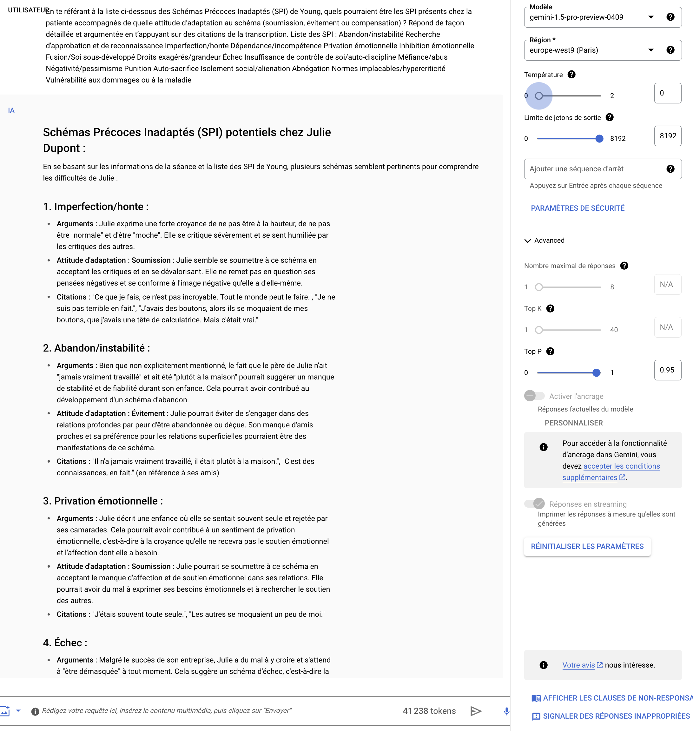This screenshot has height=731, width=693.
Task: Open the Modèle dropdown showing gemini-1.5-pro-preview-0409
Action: click(591, 17)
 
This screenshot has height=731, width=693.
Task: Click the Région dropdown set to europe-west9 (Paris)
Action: click(591, 50)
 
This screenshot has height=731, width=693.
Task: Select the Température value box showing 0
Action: click(667, 93)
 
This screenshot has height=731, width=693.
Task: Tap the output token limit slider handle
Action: click(599, 139)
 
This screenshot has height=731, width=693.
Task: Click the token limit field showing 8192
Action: click(667, 136)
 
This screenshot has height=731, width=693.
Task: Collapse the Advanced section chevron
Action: click(527, 241)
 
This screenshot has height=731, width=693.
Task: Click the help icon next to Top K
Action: click(550, 309)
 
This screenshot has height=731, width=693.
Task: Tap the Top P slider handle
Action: click(596, 373)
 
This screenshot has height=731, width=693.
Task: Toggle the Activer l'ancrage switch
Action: click(534, 396)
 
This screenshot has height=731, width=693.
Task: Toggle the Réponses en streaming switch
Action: click(534, 504)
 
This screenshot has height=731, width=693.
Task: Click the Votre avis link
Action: click(578, 665)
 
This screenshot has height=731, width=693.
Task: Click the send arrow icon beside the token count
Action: click(476, 711)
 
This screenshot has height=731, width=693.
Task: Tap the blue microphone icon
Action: click(506, 711)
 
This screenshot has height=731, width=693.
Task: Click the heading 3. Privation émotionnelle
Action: click(103, 501)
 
